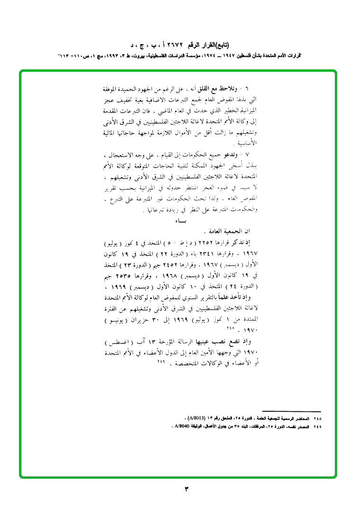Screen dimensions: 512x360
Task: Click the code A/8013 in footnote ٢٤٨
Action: click(196, 418)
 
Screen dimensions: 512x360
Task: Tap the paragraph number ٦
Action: click(255, 89)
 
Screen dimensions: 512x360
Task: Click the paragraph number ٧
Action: click(255, 155)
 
